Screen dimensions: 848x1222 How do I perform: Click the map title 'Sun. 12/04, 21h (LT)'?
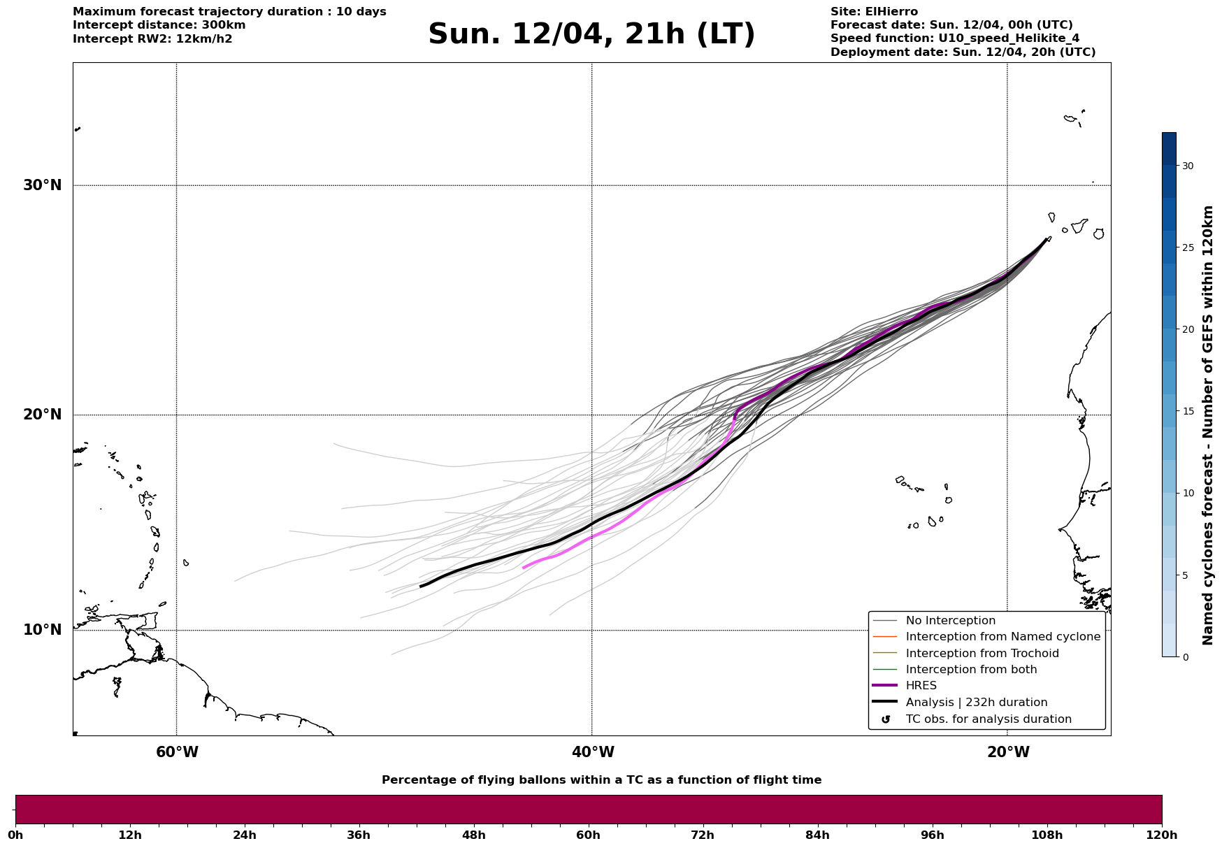coord(591,34)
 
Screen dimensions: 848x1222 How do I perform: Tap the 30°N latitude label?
coord(43,185)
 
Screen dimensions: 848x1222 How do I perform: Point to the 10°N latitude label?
coord(43,630)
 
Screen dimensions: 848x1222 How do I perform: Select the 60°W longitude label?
coord(177,752)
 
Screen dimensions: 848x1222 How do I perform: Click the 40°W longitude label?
coord(593,752)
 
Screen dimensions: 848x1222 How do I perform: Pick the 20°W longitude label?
coord(1008,752)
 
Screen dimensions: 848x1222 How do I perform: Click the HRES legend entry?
coord(921,686)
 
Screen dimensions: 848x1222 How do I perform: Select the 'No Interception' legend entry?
coord(950,621)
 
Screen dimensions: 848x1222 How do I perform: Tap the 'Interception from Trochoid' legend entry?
coord(982,654)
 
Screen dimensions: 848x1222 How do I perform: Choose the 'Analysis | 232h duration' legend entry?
coord(976,703)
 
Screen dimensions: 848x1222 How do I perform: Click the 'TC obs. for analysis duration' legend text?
coord(988,719)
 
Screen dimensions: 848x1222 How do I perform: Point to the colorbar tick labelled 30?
coord(1187,166)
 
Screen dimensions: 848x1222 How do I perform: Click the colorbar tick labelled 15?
coord(1187,411)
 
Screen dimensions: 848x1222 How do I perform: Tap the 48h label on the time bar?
coord(473,835)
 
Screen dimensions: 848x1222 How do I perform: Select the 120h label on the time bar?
coord(1162,835)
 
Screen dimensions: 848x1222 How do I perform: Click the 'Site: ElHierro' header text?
coord(874,12)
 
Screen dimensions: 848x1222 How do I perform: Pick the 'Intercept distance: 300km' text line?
coord(159,25)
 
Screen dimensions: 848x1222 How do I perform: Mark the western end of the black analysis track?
coord(420,586)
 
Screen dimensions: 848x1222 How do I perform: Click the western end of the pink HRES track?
coord(524,568)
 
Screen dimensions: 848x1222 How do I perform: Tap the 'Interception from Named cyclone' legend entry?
coord(1002,637)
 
